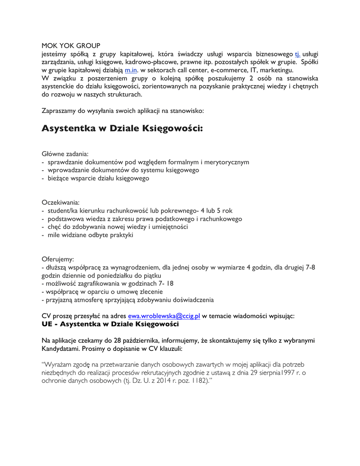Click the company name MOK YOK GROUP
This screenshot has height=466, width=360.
click(71, 46)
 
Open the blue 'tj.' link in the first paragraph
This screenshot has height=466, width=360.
click(298, 54)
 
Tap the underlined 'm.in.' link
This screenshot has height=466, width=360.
click(131, 71)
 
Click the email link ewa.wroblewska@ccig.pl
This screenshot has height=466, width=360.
click(164, 316)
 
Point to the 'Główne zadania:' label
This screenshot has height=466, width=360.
click(65, 154)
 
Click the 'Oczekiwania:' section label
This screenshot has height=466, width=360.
click(61, 202)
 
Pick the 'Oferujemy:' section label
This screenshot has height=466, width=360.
click(58, 258)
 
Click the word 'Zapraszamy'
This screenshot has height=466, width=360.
click(60, 111)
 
